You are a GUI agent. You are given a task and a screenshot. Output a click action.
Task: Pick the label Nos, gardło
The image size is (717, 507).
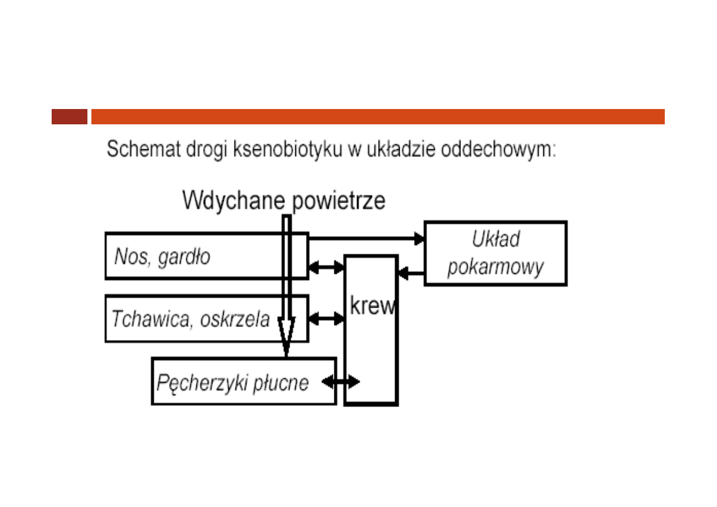162,257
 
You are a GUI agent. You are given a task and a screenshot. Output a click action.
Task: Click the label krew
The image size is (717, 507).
372,307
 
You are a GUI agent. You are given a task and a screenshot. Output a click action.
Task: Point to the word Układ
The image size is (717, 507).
496,239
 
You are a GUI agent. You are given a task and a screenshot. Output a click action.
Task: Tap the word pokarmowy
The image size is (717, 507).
495,267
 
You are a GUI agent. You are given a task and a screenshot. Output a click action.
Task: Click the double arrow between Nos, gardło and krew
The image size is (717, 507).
326,267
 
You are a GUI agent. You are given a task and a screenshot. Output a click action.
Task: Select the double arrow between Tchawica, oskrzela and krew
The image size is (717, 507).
326,319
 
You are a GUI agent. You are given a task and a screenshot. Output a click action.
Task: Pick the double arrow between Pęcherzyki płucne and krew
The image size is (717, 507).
341,382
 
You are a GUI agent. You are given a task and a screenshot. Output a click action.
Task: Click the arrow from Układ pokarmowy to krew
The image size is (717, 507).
411,274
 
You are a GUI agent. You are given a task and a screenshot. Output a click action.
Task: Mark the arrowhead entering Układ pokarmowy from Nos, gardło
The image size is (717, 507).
420,239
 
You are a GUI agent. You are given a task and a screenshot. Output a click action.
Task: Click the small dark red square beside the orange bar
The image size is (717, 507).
69,116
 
